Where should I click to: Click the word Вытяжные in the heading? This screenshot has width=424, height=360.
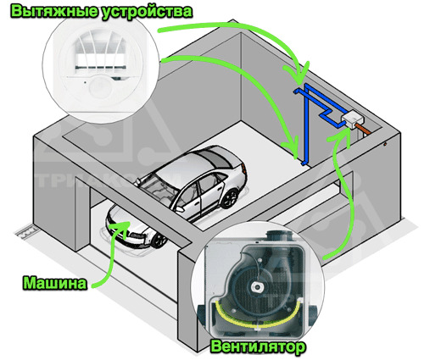coord(53,12)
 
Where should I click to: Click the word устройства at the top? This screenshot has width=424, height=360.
coord(147,13)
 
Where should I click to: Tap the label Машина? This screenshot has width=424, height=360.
coord(55,283)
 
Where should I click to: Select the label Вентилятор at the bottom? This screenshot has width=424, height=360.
coord(258,346)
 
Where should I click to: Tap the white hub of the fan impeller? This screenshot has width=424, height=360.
coord(257,287)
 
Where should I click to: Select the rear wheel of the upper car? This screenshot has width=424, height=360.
coord(230,198)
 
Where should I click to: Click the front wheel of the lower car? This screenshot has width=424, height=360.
coord(159,241)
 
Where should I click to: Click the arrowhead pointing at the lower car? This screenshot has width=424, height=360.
coord(121,227)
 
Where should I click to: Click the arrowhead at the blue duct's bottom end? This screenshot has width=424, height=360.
coord(293,147)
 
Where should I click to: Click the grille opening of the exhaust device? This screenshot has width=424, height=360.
coord(100,59)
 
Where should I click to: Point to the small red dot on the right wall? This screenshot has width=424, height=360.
coord(385,144)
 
